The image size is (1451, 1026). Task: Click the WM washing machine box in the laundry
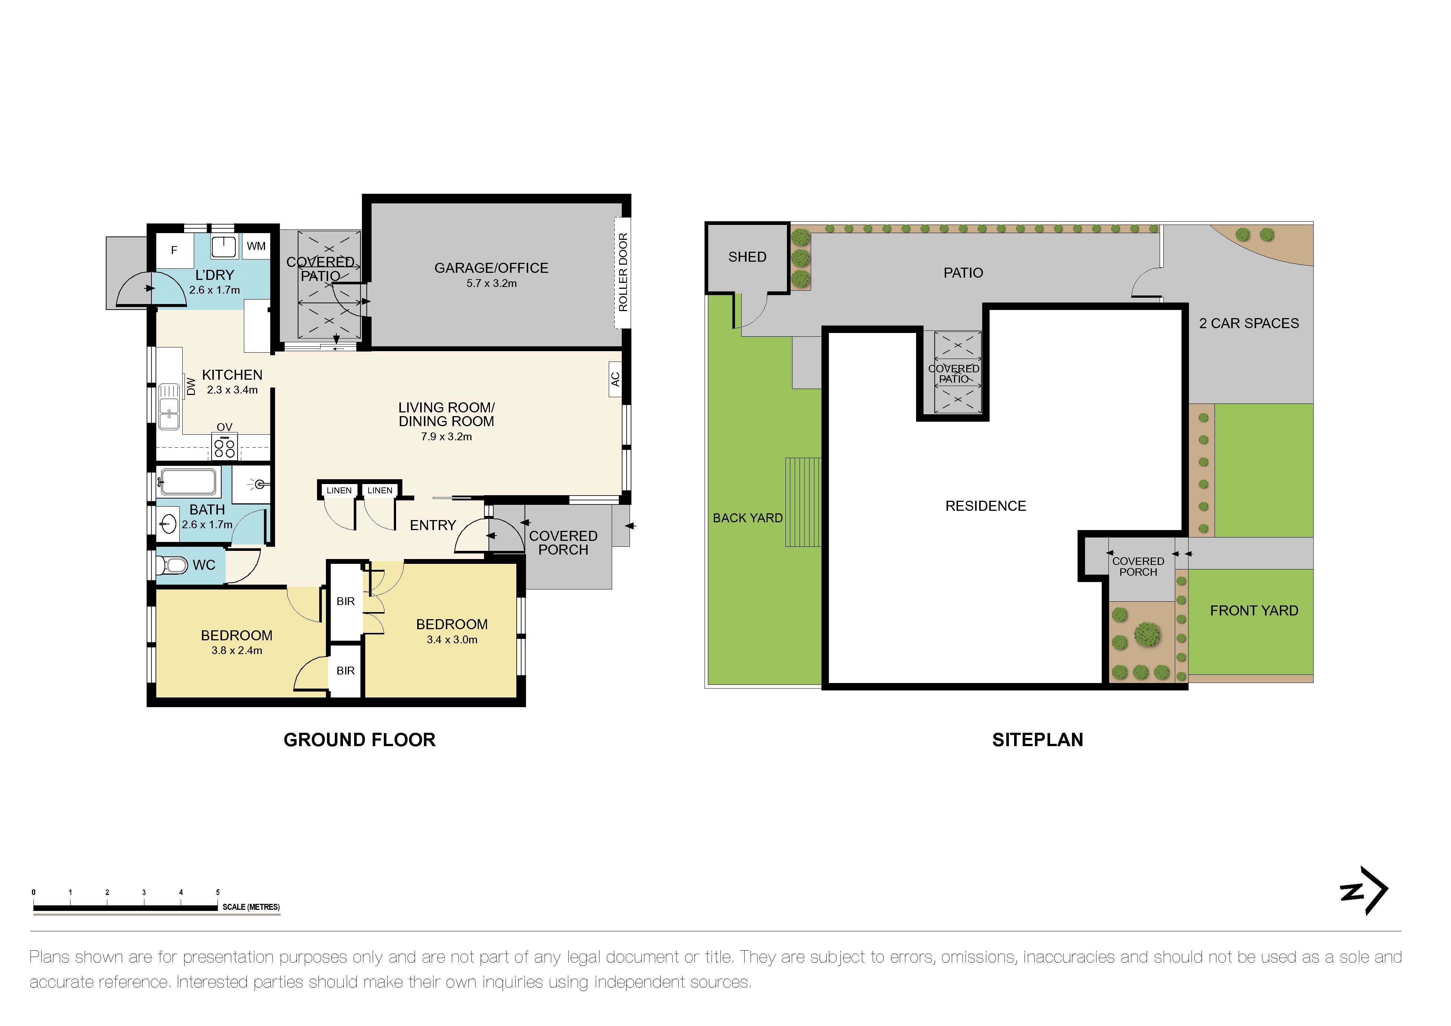256,246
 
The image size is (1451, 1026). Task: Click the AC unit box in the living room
615,379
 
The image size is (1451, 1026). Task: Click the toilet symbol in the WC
173,565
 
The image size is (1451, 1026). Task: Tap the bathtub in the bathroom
188,482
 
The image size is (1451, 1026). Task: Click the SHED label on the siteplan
747,256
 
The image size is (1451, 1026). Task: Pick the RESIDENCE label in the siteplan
985,506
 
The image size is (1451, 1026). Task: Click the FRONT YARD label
1254,611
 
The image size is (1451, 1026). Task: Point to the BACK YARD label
748,518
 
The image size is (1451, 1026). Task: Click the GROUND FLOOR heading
360,740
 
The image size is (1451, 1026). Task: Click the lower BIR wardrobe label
345,671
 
